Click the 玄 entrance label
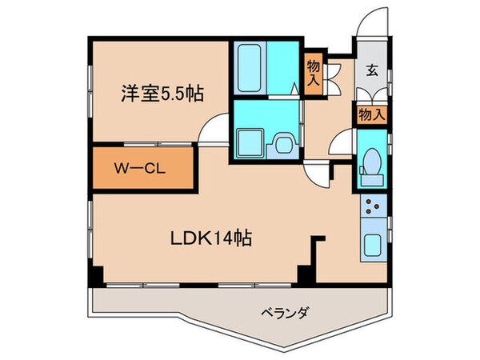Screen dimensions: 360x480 point(372,70)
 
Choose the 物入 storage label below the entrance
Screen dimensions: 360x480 point(372,114)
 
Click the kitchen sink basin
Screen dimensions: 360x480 point(373,245)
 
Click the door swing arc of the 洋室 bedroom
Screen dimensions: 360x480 point(210,130)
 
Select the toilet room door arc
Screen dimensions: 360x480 point(342,144)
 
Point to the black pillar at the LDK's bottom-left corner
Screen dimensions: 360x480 point(96,274)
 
